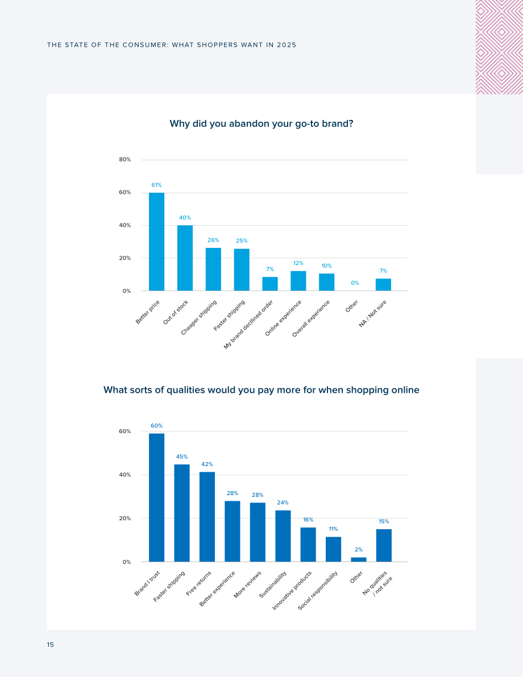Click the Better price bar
click(x=156, y=242)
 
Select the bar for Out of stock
click(x=185, y=257)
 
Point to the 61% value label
click(x=156, y=185)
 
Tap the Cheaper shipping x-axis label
click(x=198, y=317)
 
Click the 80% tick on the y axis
click(x=125, y=160)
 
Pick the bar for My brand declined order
click(x=270, y=284)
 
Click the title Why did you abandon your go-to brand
click(x=261, y=124)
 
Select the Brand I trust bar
click(x=156, y=497)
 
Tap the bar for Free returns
click(x=207, y=517)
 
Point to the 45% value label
click(x=182, y=457)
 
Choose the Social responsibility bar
click(x=333, y=549)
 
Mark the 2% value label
click(x=359, y=550)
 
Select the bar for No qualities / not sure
click(x=384, y=545)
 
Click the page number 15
click(x=51, y=645)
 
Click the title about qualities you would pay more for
click(x=261, y=391)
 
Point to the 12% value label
click(x=298, y=263)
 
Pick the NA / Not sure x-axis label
click(x=373, y=313)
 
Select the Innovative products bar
click(x=308, y=545)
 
